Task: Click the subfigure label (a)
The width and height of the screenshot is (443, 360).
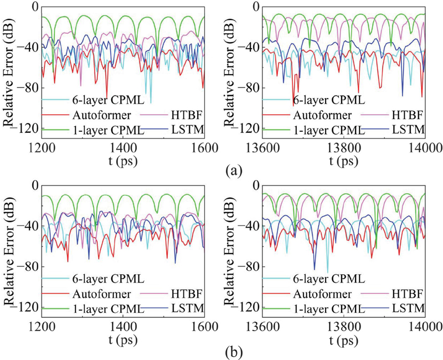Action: (233, 170)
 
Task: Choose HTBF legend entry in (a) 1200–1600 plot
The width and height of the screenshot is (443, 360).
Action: (174, 116)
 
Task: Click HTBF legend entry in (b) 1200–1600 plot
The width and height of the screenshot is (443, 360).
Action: (174, 293)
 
